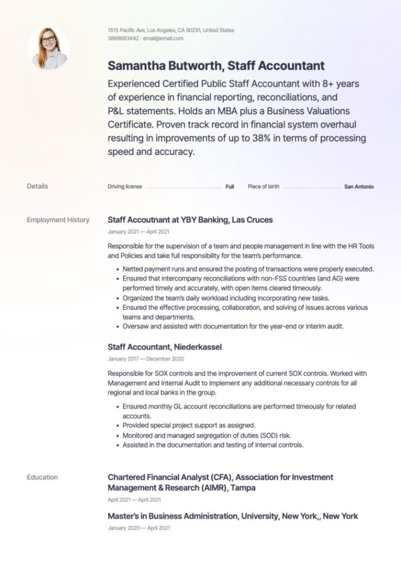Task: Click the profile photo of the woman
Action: click(48, 48)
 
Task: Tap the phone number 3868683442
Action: click(123, 38)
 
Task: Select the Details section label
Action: click(37, 186)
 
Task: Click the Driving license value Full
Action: click(230, 187)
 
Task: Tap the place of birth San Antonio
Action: click(359, 187)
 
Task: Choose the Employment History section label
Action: click(58, 220)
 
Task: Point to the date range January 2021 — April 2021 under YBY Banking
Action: click(139, 231)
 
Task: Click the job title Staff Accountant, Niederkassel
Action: click(164, 347)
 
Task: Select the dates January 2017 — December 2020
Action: click(146, 359)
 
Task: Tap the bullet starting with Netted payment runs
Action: click(248, 269)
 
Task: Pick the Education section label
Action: click(42, 477)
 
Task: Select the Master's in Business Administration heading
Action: click(233, 516)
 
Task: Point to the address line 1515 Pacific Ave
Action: click(171, 30)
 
